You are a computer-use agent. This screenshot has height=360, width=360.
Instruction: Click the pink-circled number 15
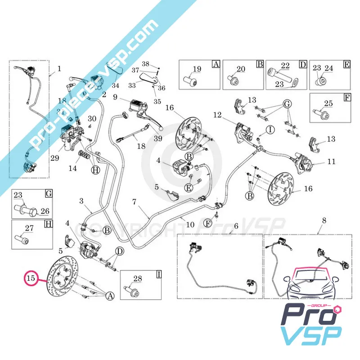31,279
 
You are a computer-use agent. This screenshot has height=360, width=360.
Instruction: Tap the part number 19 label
197,69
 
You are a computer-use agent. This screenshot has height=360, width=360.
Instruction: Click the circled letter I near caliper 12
270,130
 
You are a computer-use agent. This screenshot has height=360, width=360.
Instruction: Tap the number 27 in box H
30,228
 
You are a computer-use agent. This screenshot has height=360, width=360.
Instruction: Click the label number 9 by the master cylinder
115,97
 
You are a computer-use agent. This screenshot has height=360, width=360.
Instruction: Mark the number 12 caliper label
217,116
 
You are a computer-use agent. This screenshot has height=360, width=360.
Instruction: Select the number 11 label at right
331,161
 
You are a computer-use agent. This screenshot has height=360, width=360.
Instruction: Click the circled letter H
95,170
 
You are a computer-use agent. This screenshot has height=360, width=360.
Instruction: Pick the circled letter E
189,187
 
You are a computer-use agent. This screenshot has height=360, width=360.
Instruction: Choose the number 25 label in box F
328,104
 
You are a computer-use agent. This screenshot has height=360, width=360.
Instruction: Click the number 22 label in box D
285,66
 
